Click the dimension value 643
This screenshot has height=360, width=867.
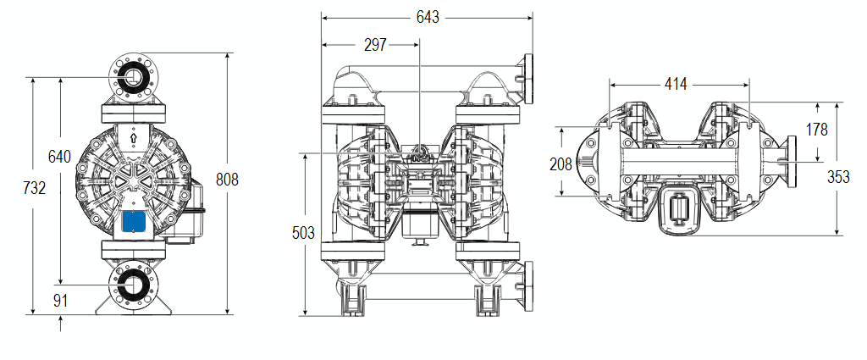pyautogui.click(x=428, y=17)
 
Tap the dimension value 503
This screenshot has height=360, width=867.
pyautogui.click(x=302, y=232)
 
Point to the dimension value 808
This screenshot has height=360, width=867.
pyautogui.click(x=227, y=180)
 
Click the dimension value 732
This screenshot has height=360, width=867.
pyautogui.click(x=33, y=188)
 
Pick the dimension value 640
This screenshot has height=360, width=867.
pyautogui.click(x=59, y=157)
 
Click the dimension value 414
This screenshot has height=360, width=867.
pyautogui.click(x=676, y=83)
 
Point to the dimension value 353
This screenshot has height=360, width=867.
pyautogui.click(x=837, y=176)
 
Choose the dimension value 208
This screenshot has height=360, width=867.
pyautogui.click(x=561, y=164)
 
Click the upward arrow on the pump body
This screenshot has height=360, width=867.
pyautogui.click(x=134, y=136)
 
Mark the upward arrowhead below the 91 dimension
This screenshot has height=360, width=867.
pyautogui.click(x=62, y=322)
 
